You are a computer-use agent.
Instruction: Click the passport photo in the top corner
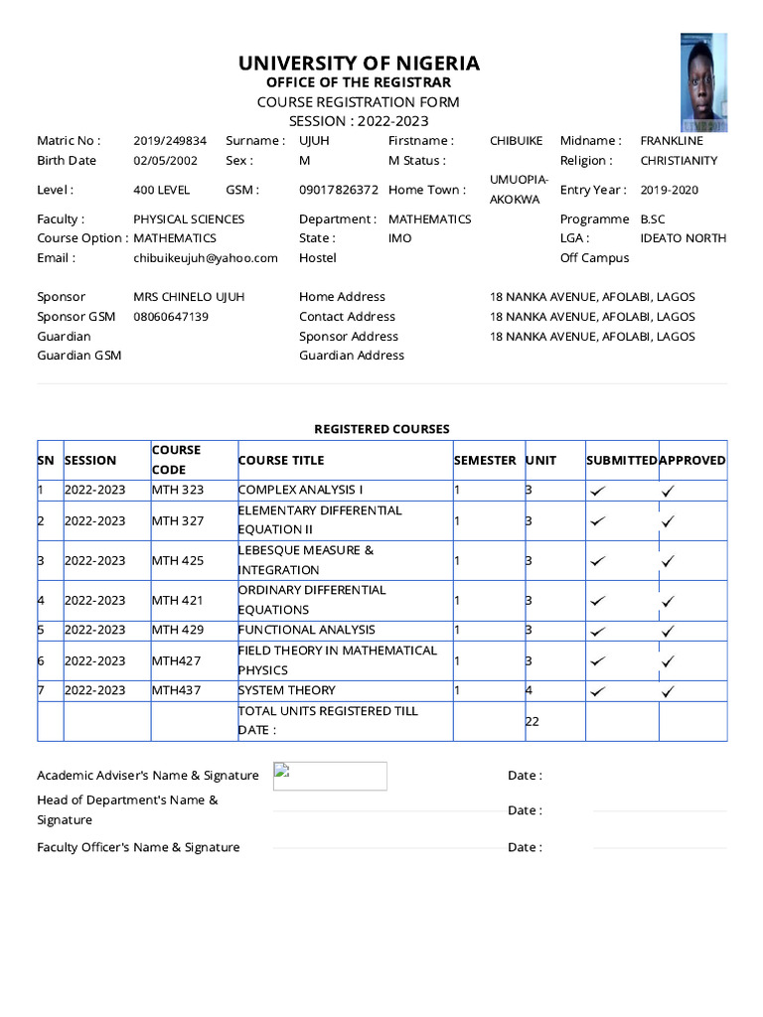click(703, 82)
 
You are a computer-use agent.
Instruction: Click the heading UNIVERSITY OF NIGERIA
click(359, 64)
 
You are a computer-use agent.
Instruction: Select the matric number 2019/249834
click(170, 141)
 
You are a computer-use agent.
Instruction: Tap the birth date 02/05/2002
click(165, 161)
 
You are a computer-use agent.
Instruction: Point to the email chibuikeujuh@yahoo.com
click(206, 258)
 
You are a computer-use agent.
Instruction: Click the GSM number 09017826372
click(338, 190)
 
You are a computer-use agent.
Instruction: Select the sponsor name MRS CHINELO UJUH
click(189, 297)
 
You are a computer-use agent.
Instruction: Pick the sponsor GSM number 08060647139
click(171, 317)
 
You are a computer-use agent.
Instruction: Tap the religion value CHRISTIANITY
click(679, 161)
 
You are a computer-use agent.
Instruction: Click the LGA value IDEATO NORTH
click(683, 238)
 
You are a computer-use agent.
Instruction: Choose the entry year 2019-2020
click(669, 190)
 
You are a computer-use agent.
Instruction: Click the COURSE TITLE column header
click(281, 461)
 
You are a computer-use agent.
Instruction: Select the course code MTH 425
click(178, 561)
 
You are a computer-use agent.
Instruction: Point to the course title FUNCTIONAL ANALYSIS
click(307, 630)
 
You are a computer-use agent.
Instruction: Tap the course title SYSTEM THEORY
click(287, 690)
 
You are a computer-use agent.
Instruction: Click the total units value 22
click(533, 721)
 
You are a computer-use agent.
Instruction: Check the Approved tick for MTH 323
click(669, 491)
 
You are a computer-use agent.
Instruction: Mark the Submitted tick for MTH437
click(597, 691)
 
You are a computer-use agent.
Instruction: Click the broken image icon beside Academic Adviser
click(281, 771)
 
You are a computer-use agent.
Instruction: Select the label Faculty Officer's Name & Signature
click(138, 847)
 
